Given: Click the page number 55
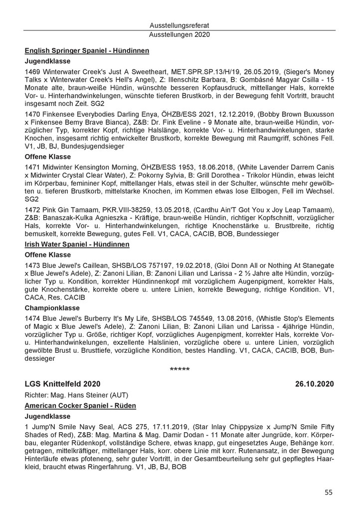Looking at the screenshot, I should coord(328,492).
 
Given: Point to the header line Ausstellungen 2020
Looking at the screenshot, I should coord(180,35).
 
